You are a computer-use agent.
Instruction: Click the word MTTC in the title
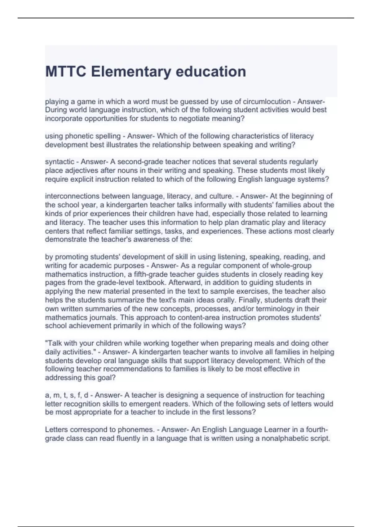[65, 72]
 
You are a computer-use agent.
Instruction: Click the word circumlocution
[267, 102]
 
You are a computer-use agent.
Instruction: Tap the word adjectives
[74, 170]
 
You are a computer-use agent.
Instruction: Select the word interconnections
[72, 196]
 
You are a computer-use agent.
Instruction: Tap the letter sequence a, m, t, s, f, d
[67, 395]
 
